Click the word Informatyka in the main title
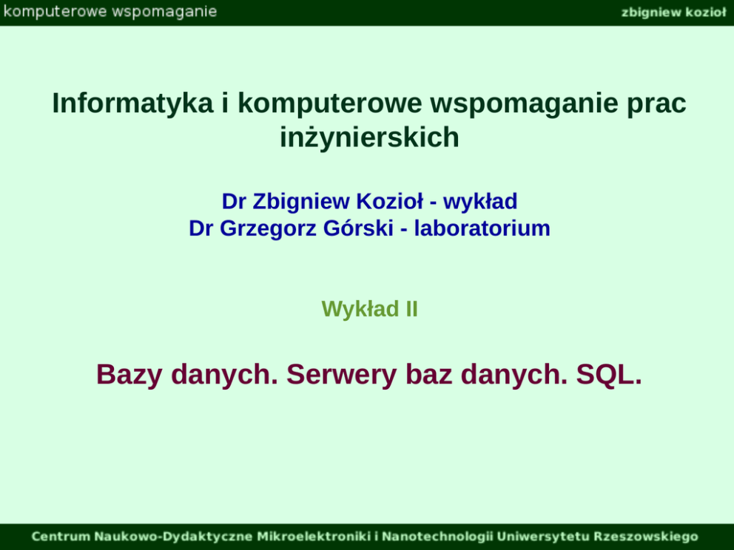tap(132, 103)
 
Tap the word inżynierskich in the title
tap(369, 137)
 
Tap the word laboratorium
tap(482, 228)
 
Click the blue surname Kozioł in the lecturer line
tap(389, 201)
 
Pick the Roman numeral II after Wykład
tap(411, 309)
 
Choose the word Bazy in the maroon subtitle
tap(129, 375)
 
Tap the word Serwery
tap(342, 375)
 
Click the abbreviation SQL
tap(609, 375)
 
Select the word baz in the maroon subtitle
tap(429, 375)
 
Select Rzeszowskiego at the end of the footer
tap(646, 537)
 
